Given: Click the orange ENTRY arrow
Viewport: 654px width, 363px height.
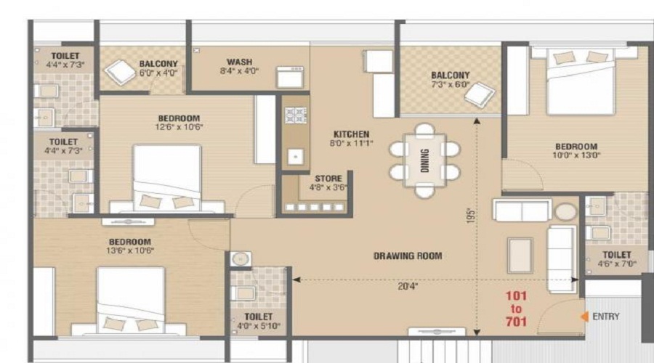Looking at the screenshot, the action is [584, 317].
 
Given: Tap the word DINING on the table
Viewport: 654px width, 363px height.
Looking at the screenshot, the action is [424, 160].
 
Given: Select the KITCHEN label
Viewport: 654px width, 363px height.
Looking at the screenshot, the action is [351, 134].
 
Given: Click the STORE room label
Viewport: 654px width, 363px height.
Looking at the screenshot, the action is [328, 179].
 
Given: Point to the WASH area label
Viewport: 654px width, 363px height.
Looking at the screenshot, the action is [239, 62].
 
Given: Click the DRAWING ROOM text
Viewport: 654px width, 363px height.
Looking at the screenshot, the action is [408, 256].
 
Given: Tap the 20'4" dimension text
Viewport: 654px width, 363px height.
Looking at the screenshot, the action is [408, 286].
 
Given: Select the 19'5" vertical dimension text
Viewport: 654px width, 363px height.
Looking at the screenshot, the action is [471, 216].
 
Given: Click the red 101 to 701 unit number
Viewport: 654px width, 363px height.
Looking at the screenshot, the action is [516, 309].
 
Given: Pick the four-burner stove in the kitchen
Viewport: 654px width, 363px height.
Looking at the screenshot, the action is [296, 115].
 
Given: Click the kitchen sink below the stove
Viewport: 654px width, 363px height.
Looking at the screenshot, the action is [296, 157].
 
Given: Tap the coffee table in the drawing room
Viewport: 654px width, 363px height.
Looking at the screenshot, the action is [520, 256].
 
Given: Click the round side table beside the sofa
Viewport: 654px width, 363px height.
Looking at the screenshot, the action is [565, 212].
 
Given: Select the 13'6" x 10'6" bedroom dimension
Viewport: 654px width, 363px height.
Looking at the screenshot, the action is [130, 250].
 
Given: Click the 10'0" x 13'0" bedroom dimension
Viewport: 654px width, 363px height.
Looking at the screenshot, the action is [576, 155].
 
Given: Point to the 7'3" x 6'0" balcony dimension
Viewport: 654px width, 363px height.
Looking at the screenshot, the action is [451, 84].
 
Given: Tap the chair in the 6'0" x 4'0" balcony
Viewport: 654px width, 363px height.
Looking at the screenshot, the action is [120, 73].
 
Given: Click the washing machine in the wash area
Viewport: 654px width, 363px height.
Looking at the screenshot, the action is [290, 77].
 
